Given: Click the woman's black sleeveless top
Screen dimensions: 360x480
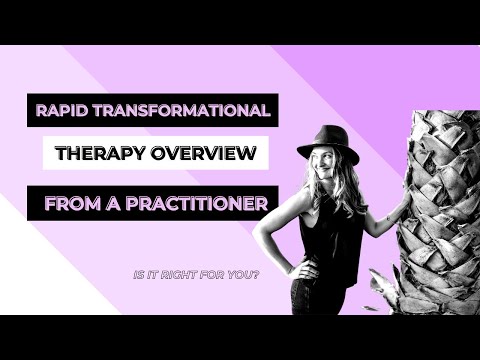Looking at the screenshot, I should click(x=339, y=240).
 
